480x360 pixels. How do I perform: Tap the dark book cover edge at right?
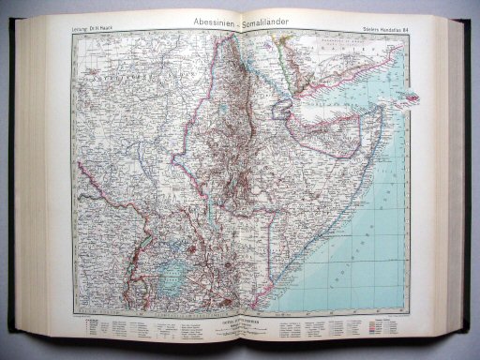[x=469, y=187]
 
